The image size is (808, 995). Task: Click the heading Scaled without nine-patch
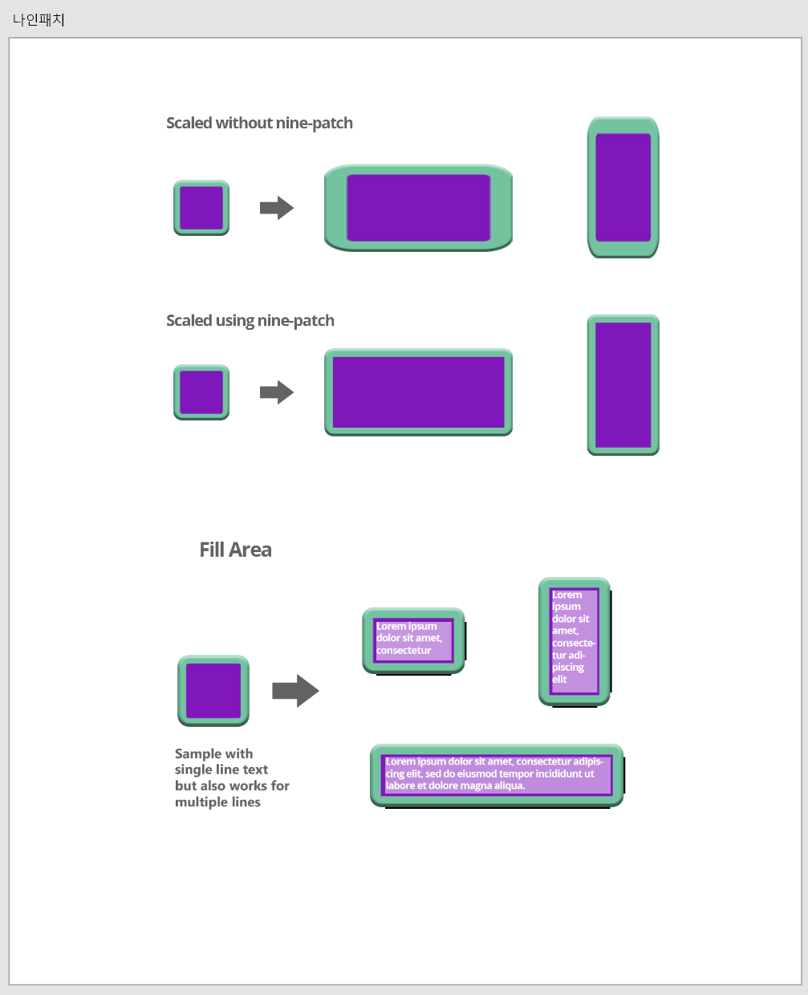coord(259,123)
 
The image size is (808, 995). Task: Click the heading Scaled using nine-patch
coord(250,320)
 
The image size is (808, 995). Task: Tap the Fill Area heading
coord(235,550)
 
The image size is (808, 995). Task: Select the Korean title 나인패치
coord(39,19)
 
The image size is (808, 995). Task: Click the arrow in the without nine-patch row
coord(277,208)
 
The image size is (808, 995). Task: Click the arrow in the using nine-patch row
coord(277,392)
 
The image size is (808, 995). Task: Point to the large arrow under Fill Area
coord(295,691)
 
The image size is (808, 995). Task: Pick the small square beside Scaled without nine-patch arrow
coord(201,208)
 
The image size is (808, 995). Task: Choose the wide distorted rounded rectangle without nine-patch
coord(418,208)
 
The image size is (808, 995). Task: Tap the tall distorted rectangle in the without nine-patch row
coord(623,187)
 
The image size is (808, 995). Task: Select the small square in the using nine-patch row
coord(201,392)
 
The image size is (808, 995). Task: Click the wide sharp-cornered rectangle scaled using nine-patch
coord(418,392)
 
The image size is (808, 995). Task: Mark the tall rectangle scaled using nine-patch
coord(623,384)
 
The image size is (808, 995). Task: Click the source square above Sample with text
coord(213,691)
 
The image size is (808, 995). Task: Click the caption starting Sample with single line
coord(232,778)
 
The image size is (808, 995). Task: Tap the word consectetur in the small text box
coord(404,651)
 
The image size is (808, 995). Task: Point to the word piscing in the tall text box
coord(568,668)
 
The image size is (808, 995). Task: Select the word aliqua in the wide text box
coord(508,786)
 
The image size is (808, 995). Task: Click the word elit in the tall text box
coord(559,680)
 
